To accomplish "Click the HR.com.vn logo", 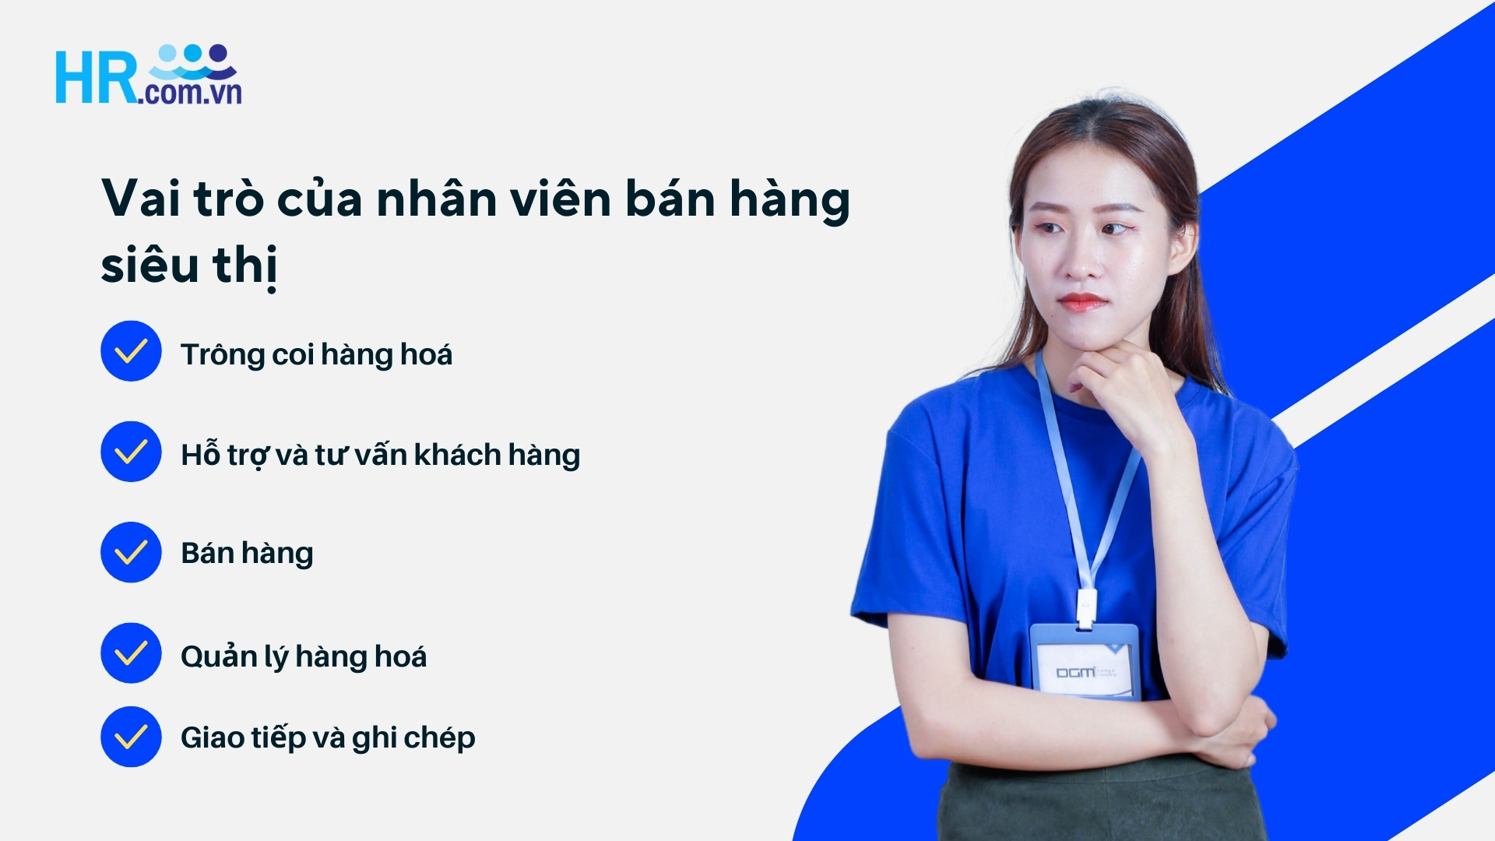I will pyautogui.click(x=148, y=76).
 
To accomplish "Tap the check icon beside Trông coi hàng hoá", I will pyautogui.click(x=131, y=351).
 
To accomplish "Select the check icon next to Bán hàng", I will pyautogui.click(x=131, y=552).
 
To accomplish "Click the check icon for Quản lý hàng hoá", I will pyautogui.click(x=131, y=653).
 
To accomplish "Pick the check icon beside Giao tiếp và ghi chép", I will pyautogui.click(x=131, y=737).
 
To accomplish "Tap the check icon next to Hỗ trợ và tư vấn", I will pyautogui.click(x=131, y=452).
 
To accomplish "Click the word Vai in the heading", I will pyautogui.click(x=141, y=199).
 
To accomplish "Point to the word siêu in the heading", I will pyautogui.click(x=150, y=265).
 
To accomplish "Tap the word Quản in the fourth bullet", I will pyautogui.click(x=219, y=656).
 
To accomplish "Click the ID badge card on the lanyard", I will pyautogui.click(x=1085, y=660).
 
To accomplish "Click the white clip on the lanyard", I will pyautogui.click(x=1086, y=607).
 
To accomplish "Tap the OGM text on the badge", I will pyautogui.click(x=1075, y=672).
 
